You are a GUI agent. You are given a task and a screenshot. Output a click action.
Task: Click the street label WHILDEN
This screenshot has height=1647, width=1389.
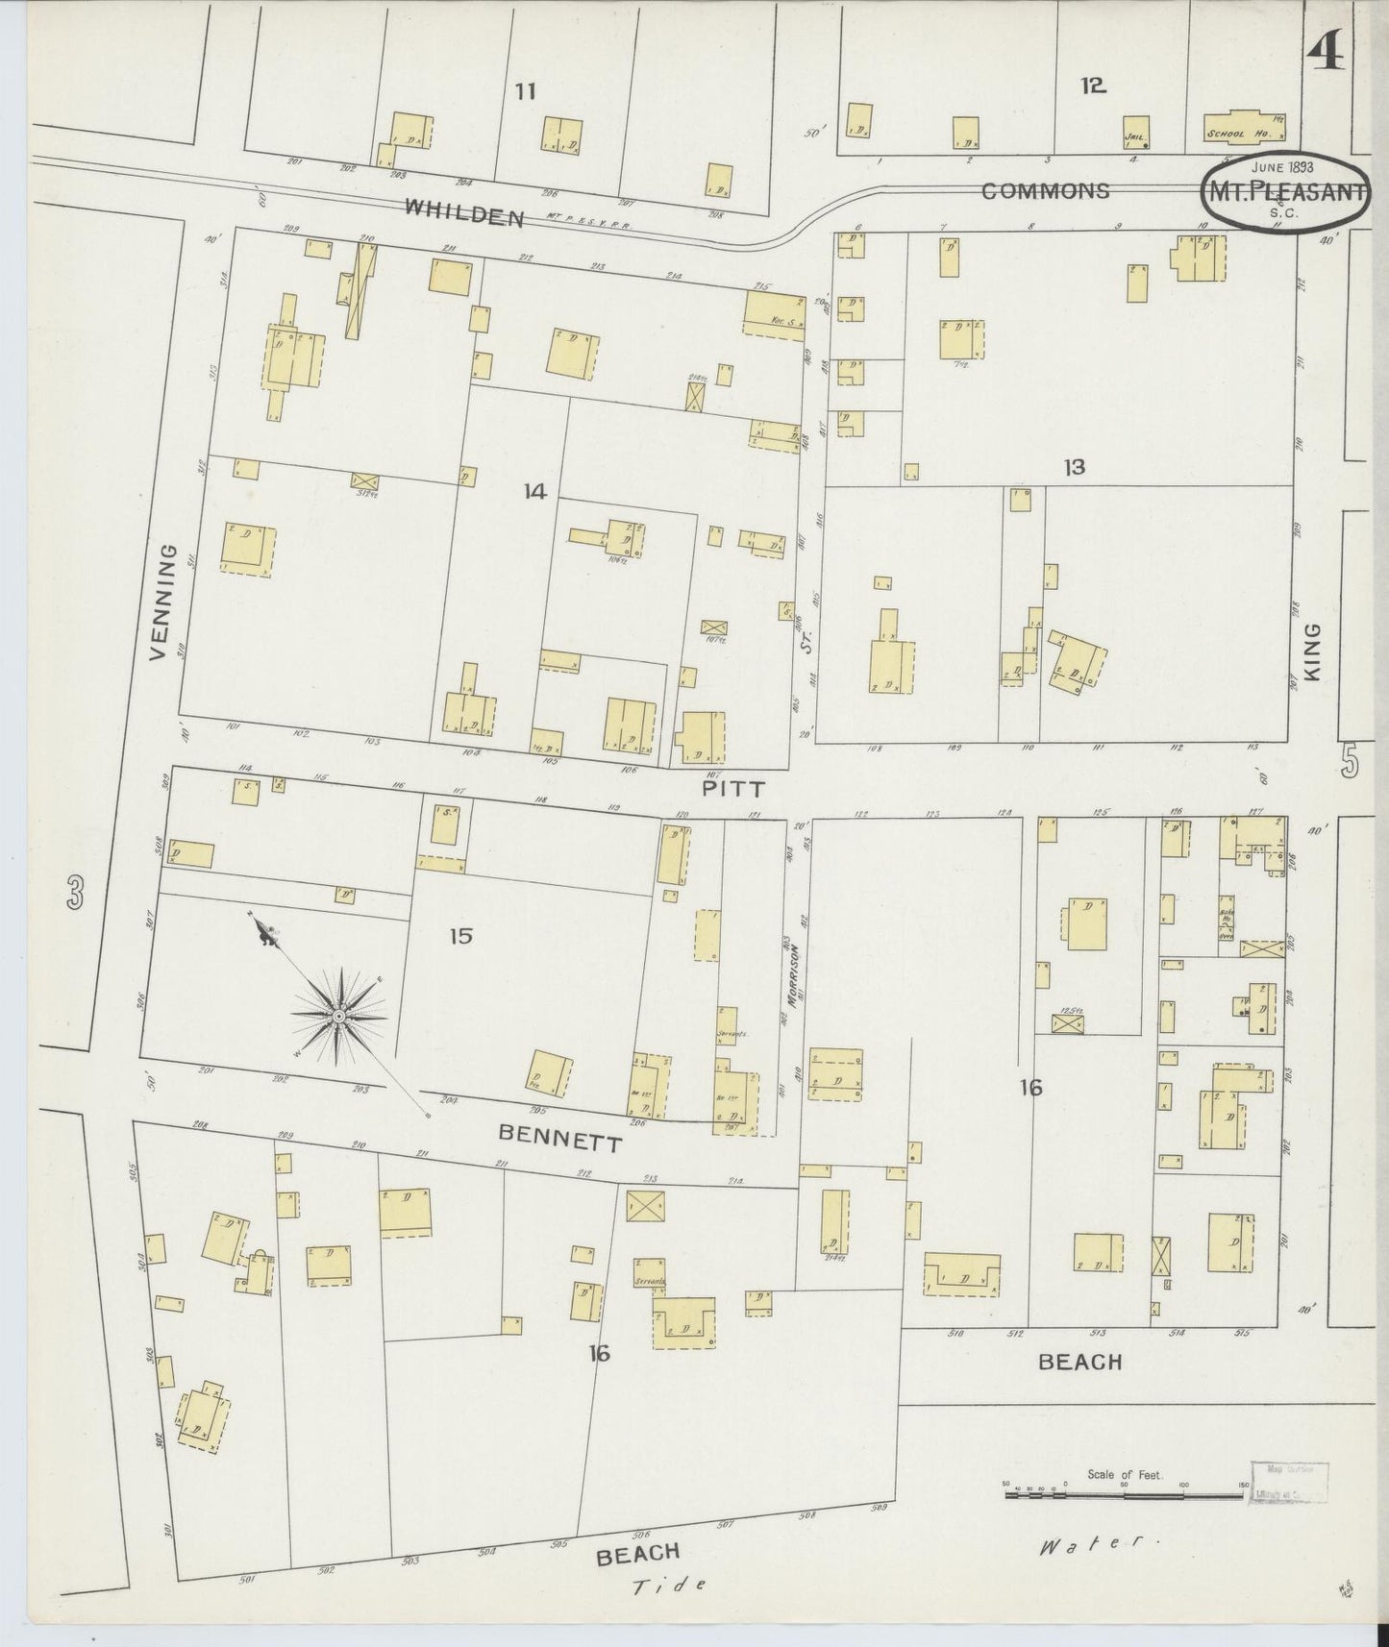pyautogui.click(x=463, y=211)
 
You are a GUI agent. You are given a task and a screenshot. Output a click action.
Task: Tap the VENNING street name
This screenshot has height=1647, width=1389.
pyautogui.click(x=165, y=602)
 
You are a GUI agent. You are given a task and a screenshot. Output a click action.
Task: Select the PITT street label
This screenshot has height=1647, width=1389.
pyautogui.click(x=732, y=789)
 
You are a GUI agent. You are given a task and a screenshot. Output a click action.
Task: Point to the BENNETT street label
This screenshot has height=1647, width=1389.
pyautogui.click(x=560, y=1139)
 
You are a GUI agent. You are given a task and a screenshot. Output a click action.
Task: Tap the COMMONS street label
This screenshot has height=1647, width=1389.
pyautogui.click(x=1045, y=191)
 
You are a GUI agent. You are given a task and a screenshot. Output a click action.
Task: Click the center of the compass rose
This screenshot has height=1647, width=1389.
pyautogui.click(x=338, y=1016)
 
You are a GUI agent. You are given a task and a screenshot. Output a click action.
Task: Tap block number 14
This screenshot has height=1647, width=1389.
pyautogui.click(x=534, y=492)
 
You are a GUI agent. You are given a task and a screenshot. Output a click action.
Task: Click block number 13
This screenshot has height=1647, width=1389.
pyautogui.click(x=1074, y=467)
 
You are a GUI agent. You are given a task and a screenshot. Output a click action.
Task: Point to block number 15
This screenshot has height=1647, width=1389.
pyautogui.click(x=460, y=935)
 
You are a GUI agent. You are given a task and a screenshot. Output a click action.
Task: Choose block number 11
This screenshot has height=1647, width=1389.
pyautogui.click(x=524, y=92)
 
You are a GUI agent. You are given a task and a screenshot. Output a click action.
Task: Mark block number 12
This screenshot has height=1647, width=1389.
pyautogui.click(x=1092, y=86)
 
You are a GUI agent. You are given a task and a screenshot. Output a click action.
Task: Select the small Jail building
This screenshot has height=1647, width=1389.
pyautogui.click(x=1136, y=133)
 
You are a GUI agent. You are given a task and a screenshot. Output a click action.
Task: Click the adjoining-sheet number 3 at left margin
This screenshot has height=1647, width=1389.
pyautogui.click(x=75, y=894)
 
